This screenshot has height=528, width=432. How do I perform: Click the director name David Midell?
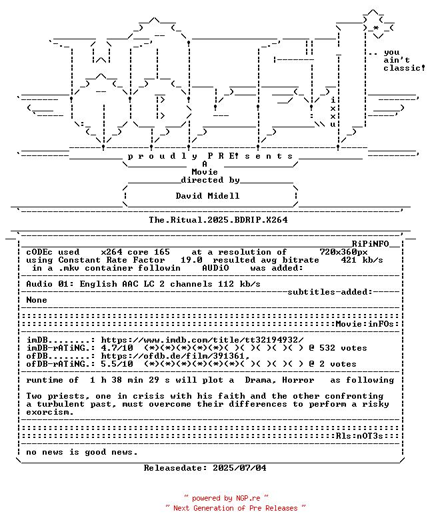click(207, 196)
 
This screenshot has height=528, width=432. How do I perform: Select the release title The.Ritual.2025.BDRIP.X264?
click(218, 220)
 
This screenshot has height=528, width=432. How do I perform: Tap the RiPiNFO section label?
click(371, 244)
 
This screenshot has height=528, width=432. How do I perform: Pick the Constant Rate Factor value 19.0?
click(191, 260)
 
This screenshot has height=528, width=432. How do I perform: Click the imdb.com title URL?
click(203, 340)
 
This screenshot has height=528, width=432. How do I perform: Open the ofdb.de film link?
click(175, 356)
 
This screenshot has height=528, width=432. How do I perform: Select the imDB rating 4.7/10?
click(117, 348)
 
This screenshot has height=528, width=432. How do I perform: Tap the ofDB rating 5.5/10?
click(117, 364)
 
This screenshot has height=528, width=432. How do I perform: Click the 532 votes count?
click(343, 348)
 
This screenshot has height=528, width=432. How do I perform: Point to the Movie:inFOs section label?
click(365, 324)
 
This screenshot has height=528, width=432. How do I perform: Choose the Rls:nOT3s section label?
click(359, 436)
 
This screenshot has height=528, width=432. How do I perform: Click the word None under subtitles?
click(37, 300)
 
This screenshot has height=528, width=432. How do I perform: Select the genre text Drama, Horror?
click(279, 380)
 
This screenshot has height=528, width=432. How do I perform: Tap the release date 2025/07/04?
click(239, 468)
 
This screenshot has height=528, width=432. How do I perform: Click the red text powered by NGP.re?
click(226, 499)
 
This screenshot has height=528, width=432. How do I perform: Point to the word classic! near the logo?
click(405, 68)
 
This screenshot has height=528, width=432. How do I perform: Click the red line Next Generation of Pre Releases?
click(235, 508)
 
